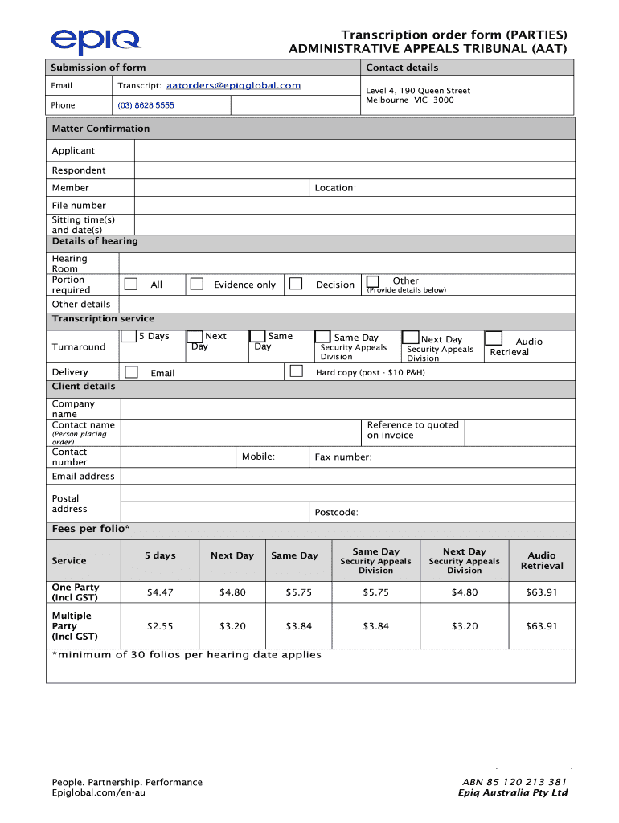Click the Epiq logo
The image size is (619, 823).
[95, 41]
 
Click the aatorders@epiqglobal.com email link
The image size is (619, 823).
[233, 85]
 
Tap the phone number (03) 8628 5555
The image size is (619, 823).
[146, 105]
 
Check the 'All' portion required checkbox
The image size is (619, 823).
[132, 284]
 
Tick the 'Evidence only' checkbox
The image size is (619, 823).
[196, 284]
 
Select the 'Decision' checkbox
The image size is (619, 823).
[296, 284]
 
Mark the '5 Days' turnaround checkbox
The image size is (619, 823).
[129, 337]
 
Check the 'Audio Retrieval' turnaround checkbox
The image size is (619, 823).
[494, 338]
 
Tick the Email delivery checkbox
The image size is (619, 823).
[130, 371]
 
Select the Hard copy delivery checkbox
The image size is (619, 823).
[296, 371]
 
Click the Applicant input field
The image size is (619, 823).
[354, 151]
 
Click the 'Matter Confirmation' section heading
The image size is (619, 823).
[100, 129]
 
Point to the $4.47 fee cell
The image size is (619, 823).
[160, 592]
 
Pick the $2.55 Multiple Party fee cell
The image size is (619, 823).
[160, 626]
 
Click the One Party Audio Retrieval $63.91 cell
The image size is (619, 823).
[541, 592]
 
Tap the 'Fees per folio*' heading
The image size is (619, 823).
[91, 529]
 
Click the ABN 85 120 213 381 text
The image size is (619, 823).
[514, 782]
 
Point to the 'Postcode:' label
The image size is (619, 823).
[336, 513]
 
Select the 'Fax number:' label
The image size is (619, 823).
[343, 457]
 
